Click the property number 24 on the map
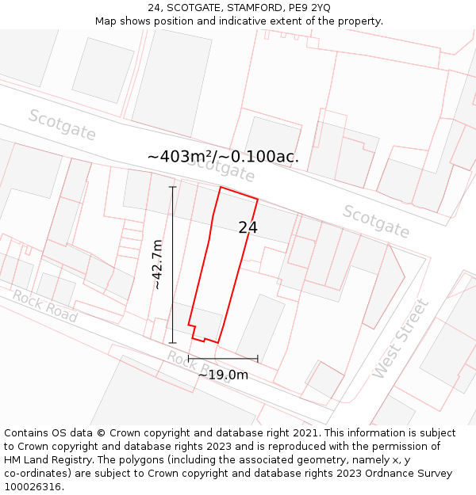248,228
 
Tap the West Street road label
400,338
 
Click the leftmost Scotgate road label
62,125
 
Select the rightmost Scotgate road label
376,222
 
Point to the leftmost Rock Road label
44,306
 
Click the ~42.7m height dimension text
157,265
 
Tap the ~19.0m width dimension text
223,375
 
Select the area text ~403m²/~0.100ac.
223,157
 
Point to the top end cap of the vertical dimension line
172,188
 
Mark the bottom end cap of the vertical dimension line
172,343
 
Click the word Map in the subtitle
106,21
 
